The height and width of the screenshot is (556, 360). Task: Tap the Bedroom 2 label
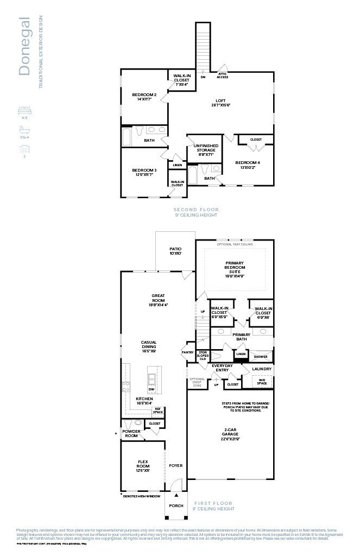point(144,97)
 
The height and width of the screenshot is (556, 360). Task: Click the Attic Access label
point(223,75)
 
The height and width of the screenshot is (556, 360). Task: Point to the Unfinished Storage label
point(206,150)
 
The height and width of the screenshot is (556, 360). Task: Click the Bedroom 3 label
point(144,172)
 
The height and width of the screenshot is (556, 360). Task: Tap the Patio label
point(175,251)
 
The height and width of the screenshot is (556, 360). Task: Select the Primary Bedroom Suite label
point(235,269)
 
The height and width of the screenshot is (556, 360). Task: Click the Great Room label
point(158,301)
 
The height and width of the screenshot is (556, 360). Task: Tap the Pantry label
point(188,352)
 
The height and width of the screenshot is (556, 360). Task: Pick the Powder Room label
point(131,433)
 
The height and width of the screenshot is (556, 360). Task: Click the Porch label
point(176,506)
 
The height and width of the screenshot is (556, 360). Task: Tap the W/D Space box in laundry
point(262,381)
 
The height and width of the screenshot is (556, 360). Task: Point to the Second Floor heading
point(195,210)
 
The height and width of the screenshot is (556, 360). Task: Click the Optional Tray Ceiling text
point(235,244)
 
